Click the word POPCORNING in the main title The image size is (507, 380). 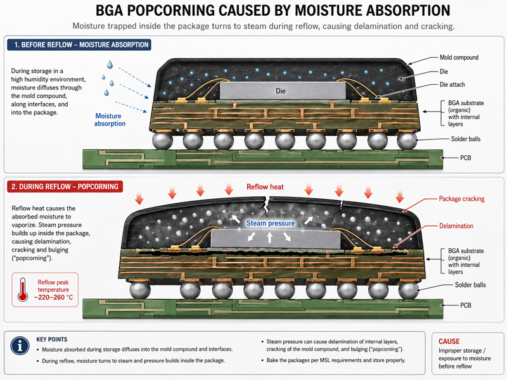[170, 10]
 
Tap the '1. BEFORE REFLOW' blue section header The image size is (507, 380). [79, 44]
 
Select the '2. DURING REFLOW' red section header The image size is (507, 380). [65, 186]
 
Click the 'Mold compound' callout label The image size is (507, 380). [459, 58]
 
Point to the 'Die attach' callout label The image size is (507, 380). [452, 85]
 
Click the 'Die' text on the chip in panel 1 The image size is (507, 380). [281, 91]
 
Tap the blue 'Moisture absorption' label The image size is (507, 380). [110, 120]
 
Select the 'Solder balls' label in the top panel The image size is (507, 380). [466, 139]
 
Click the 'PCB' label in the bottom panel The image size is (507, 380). [466, 305]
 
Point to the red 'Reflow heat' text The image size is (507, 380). [265, 187]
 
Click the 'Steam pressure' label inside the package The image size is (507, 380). [271, 224]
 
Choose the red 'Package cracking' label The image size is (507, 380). [461, 199]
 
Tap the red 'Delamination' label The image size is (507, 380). [456, 226]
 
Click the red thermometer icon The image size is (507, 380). [23, 289]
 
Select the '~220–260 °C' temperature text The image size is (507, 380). [53, 297]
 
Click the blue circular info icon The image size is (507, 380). [20, 346]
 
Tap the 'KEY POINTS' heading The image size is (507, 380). [52, 339]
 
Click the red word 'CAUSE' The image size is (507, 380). [449, 341]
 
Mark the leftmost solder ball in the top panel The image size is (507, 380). [162, 141]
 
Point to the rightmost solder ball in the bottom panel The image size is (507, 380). [409, 290]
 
